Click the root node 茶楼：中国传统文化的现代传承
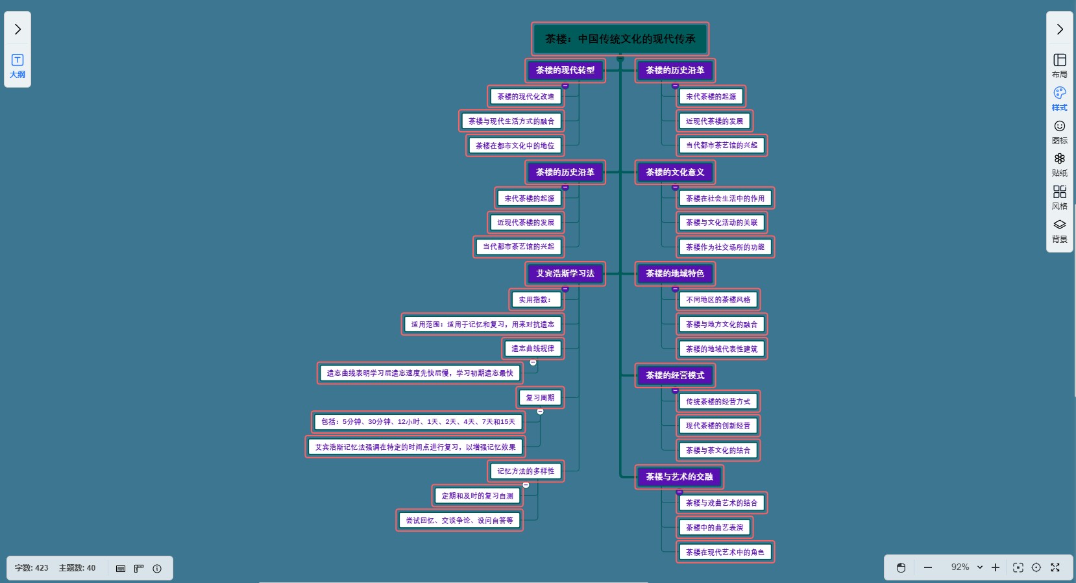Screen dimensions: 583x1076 pos(620,39)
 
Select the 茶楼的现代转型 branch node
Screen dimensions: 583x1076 pos(565,70)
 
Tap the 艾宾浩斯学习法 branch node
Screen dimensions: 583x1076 pos(565,273)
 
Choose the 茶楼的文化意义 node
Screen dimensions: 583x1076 pos(674,172)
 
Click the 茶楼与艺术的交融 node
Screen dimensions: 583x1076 pos(679,477)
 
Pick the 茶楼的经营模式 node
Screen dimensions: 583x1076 pos(674,375)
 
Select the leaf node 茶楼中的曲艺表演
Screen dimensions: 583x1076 pos(714,528)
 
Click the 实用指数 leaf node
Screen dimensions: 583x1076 pos(535,300)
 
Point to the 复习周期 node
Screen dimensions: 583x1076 pos(540,398)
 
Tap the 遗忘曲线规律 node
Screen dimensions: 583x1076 pos(533,349)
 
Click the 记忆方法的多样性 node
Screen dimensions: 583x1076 pos(526,471)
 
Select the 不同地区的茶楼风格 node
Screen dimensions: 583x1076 pos(718,300)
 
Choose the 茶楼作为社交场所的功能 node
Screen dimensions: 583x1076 pos(725,247)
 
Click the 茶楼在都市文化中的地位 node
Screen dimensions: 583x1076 pos(515,146)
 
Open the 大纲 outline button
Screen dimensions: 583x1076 pos(18,66)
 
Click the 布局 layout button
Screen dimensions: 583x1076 pos(1059,66)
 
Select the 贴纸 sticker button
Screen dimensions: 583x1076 pos(1059,164)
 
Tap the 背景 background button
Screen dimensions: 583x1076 pos(1059,230)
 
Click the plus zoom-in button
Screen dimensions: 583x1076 pos(995,567)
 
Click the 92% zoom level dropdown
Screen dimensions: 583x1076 pos(966,567)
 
